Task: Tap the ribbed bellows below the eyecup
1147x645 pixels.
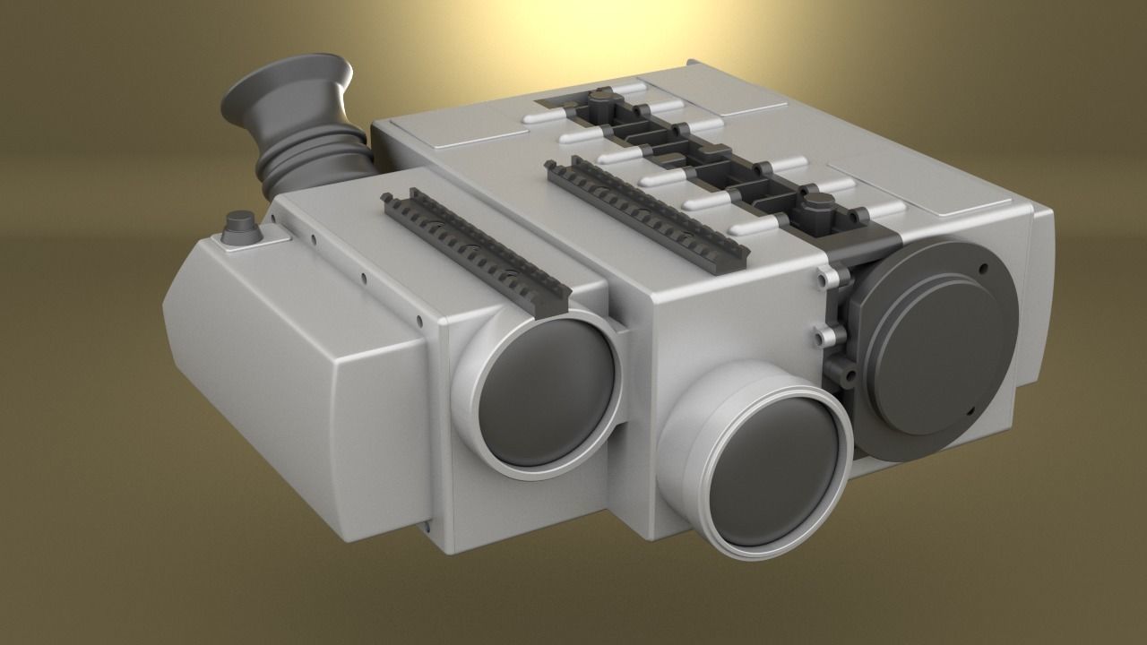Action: (314, 166)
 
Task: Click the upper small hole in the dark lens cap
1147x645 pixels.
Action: (983, 268)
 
